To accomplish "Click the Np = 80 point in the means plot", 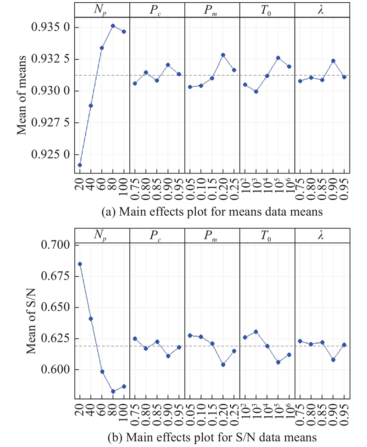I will click(113, 26).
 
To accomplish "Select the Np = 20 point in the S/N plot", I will click(80, 264).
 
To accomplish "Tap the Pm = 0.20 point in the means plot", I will click(223, 55).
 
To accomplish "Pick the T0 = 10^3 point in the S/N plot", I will click(256, 332).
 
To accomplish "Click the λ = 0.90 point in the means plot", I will click(333, 61).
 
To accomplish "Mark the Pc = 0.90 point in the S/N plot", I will click(168, 356).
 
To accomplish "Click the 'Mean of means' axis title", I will click(22, 90).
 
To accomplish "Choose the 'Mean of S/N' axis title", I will click(30, 307).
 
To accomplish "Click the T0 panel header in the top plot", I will click(267, 9).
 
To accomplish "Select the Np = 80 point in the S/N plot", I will click(113, 391).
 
